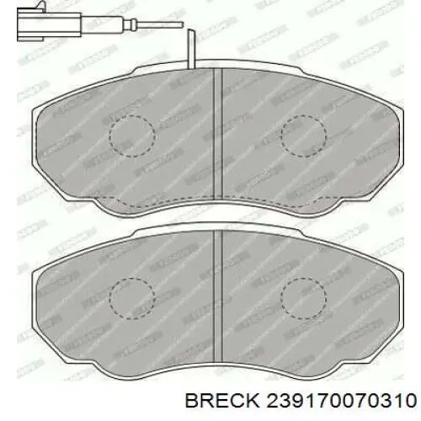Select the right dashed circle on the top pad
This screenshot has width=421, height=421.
[303, 136]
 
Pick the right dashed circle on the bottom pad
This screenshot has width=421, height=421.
[303, 301]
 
